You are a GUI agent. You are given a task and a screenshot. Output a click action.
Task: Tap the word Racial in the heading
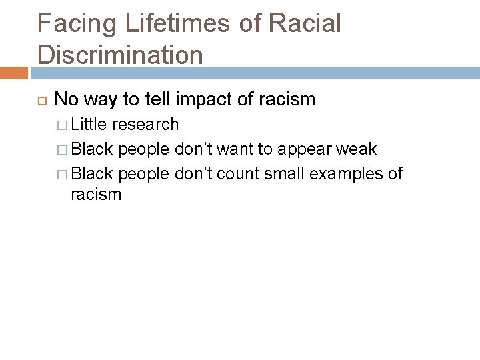(x=305, y=23)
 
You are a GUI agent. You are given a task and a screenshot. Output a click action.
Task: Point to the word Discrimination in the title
(x=120, y=55)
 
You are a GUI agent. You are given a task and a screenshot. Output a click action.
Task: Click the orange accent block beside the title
(x=14, y=71)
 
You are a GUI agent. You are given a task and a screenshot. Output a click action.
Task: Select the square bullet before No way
(x=39, y=100)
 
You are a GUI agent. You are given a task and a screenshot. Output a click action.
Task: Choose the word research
(x=145, y=125)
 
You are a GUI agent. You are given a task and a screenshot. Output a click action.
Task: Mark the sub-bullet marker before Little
(x=63, y=125)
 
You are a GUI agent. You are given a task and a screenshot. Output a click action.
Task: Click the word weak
(x=357, y=148)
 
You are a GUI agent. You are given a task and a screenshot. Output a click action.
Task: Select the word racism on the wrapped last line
(x=96, y=195)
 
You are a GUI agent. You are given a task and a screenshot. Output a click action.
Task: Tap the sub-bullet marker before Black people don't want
(x=63, y=149)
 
